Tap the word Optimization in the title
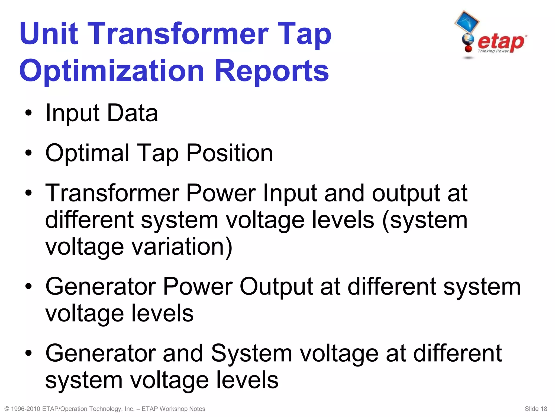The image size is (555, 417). tap(111, 71)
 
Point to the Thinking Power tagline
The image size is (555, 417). tap(493, 51)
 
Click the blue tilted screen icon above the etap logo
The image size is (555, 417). tap(467, 21)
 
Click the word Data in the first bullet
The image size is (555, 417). tap(133, 113)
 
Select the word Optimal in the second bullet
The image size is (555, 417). tap(87, 153)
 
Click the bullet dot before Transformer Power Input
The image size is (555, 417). tap(28, 193)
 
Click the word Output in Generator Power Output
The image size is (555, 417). tap(276, 287)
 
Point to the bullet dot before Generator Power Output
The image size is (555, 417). tap(28, 287)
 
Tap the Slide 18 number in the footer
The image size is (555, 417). tap(536, 409)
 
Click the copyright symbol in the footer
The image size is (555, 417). tap(7, 409)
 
